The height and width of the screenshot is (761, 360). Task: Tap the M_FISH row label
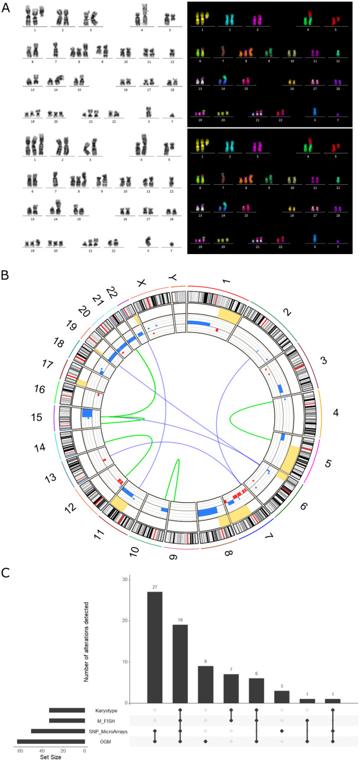coord(109,720)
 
